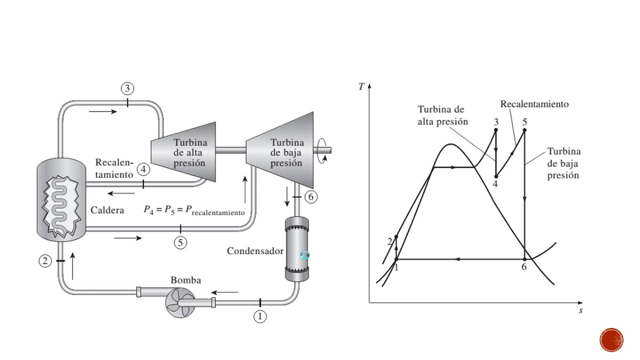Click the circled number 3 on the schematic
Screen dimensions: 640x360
pyautogui.click(x=127, y=88)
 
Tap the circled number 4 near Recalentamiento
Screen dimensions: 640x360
pyautogui.click(x=143, y=169)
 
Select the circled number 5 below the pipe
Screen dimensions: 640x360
pyautogui.click(x=180, y=243)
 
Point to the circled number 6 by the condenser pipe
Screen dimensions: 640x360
pyautogui.click(x=311, y=197)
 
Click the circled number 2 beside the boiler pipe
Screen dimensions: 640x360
pyautogui.click(x=45, y=261)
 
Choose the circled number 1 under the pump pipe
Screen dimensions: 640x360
pyautogui.click(x=260, y=316)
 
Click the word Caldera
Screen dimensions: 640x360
pyautogui.click(x=107, y=210)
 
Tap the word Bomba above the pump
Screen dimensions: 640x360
pyautogui.click(x=185, y=280)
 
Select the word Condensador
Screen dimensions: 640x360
pyautogui.click(x=255, y=251)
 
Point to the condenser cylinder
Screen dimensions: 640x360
pyautogui.click(x=297, y=248)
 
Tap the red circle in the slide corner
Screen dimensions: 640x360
pyautogui.click(x=611, y=340)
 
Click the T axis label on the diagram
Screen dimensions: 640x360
pyautogui.click(x=361, y=86)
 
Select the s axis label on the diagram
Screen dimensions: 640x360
pyautogui.click(x=580, y=310)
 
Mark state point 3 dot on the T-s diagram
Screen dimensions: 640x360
pyautogui.click(x=496, y=130)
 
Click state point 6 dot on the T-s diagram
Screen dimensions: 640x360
pyautogui.click(x=524, y=259)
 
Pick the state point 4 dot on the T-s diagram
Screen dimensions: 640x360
pyautogui.click(x=496, y=176)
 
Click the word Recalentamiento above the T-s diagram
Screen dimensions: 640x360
pyautogui.click(x=534, y=104)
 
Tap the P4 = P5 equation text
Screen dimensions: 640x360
pyautogui.click(x=194, y=210)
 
